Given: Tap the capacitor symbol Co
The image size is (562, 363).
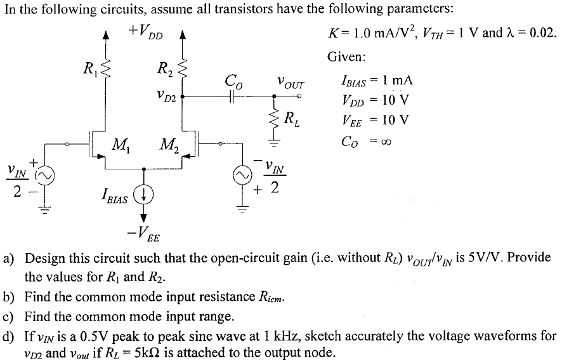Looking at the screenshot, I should pos(233,97).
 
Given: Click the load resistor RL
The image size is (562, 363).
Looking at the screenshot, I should pos(274,117).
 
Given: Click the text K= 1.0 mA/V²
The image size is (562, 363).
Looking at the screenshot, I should pos(366,32).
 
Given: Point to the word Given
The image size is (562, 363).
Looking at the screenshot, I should pos(346,56).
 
